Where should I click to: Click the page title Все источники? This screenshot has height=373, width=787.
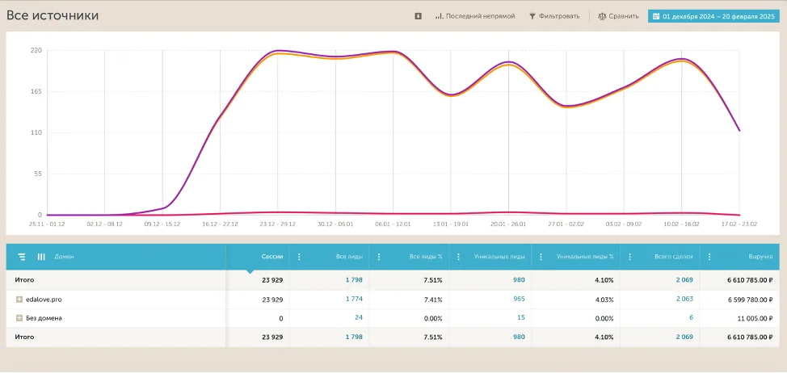53,15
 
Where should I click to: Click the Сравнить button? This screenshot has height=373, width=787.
619,16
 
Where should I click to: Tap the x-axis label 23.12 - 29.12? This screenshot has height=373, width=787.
277,224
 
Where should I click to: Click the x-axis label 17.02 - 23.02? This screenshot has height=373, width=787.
739,224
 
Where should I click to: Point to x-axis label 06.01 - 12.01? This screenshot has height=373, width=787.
393,224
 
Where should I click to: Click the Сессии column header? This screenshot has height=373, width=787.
272,257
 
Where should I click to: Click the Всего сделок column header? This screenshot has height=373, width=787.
674,257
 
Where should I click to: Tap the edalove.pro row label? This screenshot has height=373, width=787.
44,300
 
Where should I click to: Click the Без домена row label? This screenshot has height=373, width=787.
44,318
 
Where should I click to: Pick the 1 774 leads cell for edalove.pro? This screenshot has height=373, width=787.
354,300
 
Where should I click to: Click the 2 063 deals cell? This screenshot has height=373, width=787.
684,300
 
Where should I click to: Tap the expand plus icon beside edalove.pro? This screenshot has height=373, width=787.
19,300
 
